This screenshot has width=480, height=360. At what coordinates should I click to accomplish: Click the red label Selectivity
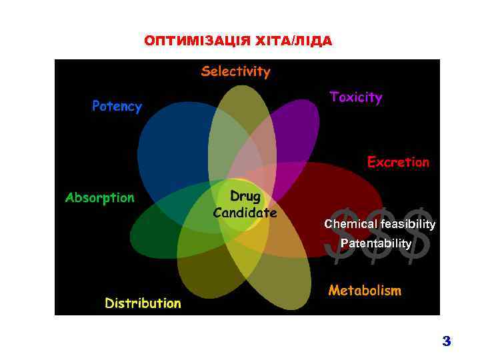coord(236,71)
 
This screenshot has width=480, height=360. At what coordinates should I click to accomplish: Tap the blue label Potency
coord(117,107)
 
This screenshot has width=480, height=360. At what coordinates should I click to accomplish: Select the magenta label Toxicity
coord(356,97)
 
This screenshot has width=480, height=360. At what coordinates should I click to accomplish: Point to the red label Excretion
coord(398,162)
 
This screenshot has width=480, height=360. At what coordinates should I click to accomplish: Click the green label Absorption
coord(99,197)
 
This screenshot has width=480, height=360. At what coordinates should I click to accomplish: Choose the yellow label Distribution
coord(143,303)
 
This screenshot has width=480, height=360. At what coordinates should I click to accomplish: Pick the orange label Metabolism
coord(365,291)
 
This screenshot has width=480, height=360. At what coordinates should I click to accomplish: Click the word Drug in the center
coord(245,197)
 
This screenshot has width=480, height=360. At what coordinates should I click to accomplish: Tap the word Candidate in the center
coord(245,213)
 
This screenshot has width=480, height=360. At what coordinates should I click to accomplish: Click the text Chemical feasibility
coord(379,225)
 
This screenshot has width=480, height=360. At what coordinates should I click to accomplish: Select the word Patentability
coord(375,244)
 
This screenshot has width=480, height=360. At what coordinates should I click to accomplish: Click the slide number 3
coord(446,342)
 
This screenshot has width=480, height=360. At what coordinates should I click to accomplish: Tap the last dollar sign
coord(419,233)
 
